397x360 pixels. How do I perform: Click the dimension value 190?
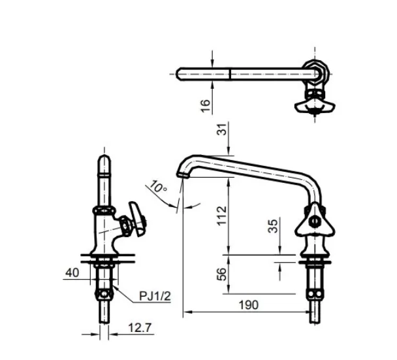tap(249, 304)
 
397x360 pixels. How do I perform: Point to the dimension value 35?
tap(274, 226)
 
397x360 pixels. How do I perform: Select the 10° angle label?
tap(158, 188)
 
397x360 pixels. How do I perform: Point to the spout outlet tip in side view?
tap(181, 174)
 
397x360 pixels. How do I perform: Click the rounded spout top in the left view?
tap(104, 161)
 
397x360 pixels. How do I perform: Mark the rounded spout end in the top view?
tap(181, 73)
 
